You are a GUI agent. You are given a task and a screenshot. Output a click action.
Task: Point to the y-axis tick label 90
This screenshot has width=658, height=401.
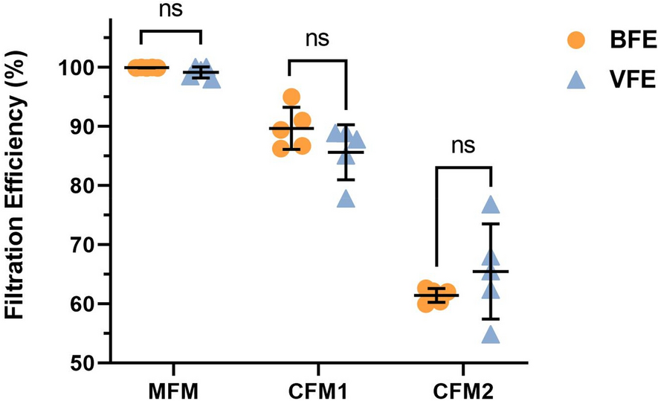pos(80,126)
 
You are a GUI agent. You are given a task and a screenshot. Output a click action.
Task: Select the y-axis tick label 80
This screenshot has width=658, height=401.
pos(80,185)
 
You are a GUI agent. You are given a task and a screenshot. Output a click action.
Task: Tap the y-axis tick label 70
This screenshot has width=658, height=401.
pos(80,245)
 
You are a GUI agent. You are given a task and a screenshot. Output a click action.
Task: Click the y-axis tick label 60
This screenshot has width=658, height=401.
pos(80,304)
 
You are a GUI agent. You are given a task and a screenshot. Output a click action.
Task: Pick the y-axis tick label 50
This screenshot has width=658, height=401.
pos(80,363)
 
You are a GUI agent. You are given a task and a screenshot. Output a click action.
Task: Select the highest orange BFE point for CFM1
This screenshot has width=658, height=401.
pos(291,97)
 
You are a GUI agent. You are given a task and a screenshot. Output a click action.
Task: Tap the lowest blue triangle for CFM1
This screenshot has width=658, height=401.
pos(346,198)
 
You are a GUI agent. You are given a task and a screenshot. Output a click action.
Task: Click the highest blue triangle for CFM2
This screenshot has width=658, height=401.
pos(490,205)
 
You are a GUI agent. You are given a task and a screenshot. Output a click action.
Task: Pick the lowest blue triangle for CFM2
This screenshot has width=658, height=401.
pos(490,335)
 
